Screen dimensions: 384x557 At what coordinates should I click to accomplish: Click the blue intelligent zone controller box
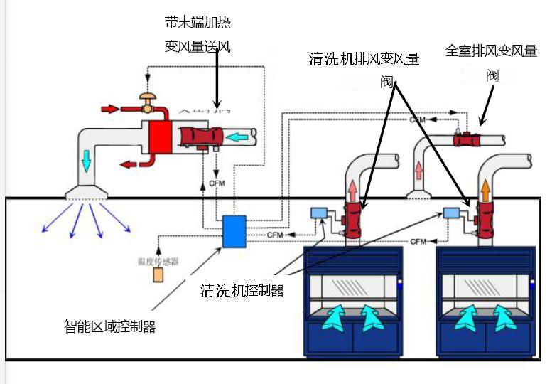point(234,230)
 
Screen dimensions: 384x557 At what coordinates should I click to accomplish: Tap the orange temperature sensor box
point(158,274)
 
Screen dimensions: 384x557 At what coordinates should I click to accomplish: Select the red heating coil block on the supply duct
point(160,137)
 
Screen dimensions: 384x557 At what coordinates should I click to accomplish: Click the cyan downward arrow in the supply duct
point(87,161)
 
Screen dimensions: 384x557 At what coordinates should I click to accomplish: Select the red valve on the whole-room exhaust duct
point(467,139)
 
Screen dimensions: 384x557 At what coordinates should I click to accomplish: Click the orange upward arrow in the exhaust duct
point(485,189)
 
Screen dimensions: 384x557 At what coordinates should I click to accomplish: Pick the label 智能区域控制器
point(109,326)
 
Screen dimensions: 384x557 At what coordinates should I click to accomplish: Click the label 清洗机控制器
point(242,290)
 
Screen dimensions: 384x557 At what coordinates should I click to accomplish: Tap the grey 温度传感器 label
point(158,261)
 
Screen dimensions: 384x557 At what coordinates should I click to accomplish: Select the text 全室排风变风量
point(491,51)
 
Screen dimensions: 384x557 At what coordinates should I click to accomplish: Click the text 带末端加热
point(198,23)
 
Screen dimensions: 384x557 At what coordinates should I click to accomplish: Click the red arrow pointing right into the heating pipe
point(110,109)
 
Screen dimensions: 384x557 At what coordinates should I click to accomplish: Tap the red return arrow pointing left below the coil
point(130,164)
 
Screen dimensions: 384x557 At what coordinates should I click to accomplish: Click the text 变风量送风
point(198,47)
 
